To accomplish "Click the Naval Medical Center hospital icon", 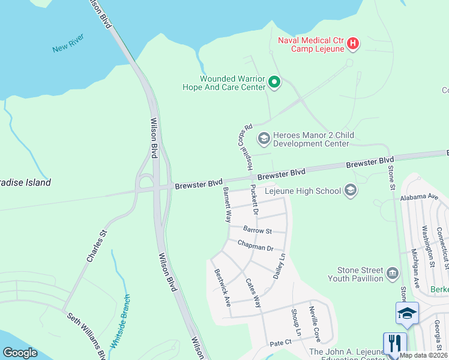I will click(x=353, y=43).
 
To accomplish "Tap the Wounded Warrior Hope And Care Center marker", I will click(x=274, y=82).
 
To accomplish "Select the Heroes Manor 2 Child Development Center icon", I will click(x=264, y=139).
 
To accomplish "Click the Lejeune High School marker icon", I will click(x=351, y=191).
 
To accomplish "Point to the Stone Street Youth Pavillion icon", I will click(x=392, y=274).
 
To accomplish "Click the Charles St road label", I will click(x=96, y=246).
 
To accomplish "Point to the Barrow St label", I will click(x=258, y=230).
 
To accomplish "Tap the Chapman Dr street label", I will click(x=255, y=246).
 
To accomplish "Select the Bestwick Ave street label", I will click(x=223, y=287).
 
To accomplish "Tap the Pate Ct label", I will click(x=280, y=343).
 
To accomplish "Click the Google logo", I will click(x=19, y=352).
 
